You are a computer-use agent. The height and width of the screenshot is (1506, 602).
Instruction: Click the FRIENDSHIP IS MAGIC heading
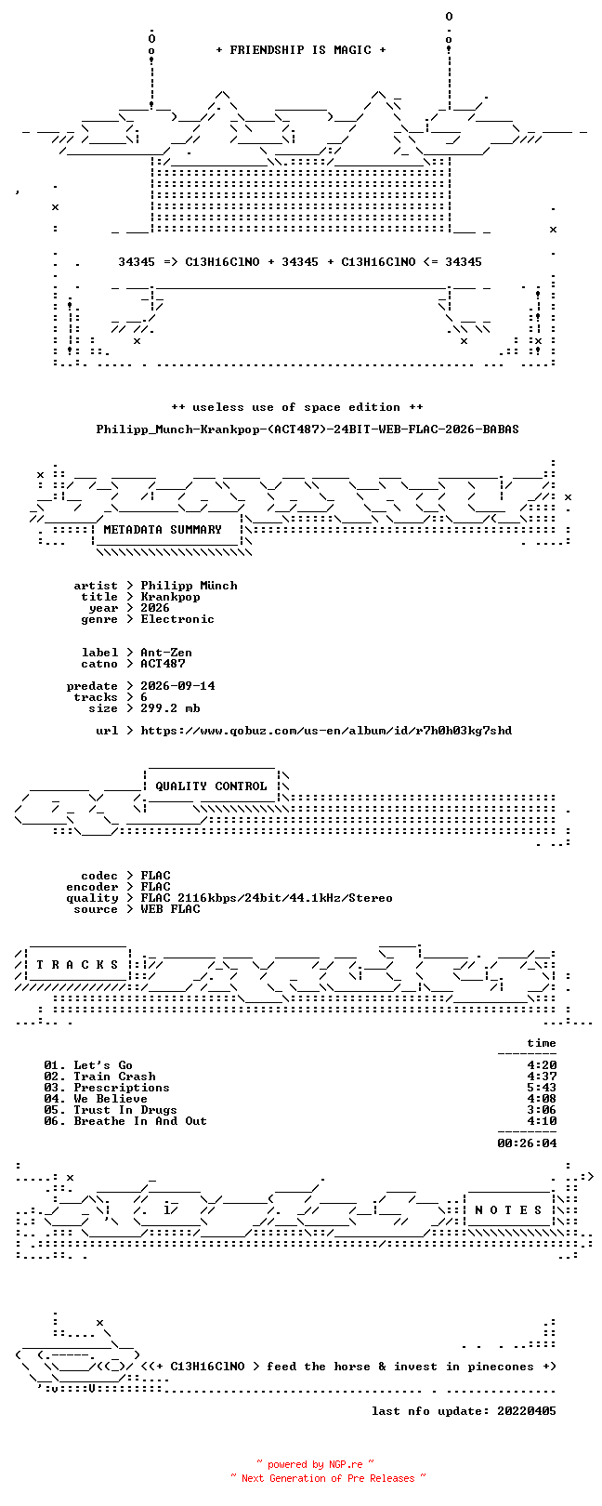pos(301,50)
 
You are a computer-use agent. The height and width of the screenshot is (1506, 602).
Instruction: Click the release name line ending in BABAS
pos(308,429)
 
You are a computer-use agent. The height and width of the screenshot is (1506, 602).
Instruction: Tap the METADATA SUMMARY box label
pos(163,530)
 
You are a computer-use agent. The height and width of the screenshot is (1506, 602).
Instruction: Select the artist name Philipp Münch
pos(189,586)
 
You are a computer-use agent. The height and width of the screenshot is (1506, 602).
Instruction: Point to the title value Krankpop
pos(170,597)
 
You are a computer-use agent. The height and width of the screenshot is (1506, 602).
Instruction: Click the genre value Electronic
pos(177,619)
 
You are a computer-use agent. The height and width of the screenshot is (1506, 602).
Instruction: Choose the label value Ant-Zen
pos(166,653)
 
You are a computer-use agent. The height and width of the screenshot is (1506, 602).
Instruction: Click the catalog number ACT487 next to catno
pos(163,664)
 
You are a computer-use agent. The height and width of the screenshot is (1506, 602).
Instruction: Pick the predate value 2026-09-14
pos(177,686)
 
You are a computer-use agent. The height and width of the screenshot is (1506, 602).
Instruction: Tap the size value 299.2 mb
pos(170,708)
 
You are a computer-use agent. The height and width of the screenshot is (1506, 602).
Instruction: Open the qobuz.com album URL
pos(326,731)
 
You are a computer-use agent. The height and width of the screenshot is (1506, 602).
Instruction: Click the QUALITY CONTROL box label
pos(211,786)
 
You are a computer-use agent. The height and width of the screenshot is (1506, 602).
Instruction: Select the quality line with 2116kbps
pos(266,898)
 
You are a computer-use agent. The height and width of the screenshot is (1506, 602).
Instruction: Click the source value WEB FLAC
pos(170,909)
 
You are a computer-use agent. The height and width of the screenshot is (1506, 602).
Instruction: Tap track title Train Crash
pos(114,1077)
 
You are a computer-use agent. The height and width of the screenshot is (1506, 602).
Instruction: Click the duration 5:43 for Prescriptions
pos(542,1088)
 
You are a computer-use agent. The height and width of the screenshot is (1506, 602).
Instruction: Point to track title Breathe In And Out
pos(139,1121)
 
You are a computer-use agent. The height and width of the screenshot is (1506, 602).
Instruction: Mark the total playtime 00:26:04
pos(527,1143)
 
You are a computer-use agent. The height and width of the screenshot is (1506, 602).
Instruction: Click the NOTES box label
pos(508,1210)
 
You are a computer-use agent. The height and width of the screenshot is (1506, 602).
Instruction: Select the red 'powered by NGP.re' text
pos(315,1464)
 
